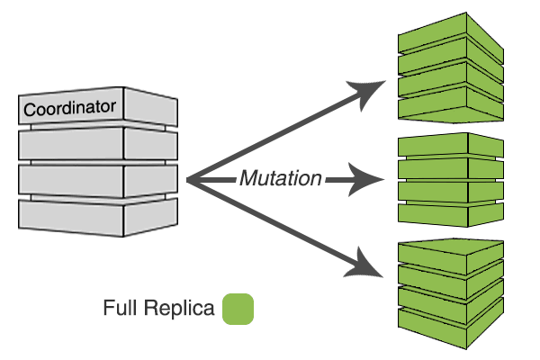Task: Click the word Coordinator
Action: click(70, 109)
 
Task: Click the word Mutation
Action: click(280, 179)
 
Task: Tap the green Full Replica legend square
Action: click(238, 309)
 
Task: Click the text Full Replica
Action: click(158, 310)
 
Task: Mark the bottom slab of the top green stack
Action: click(445, 107)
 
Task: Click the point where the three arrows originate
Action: click(189, 181)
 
